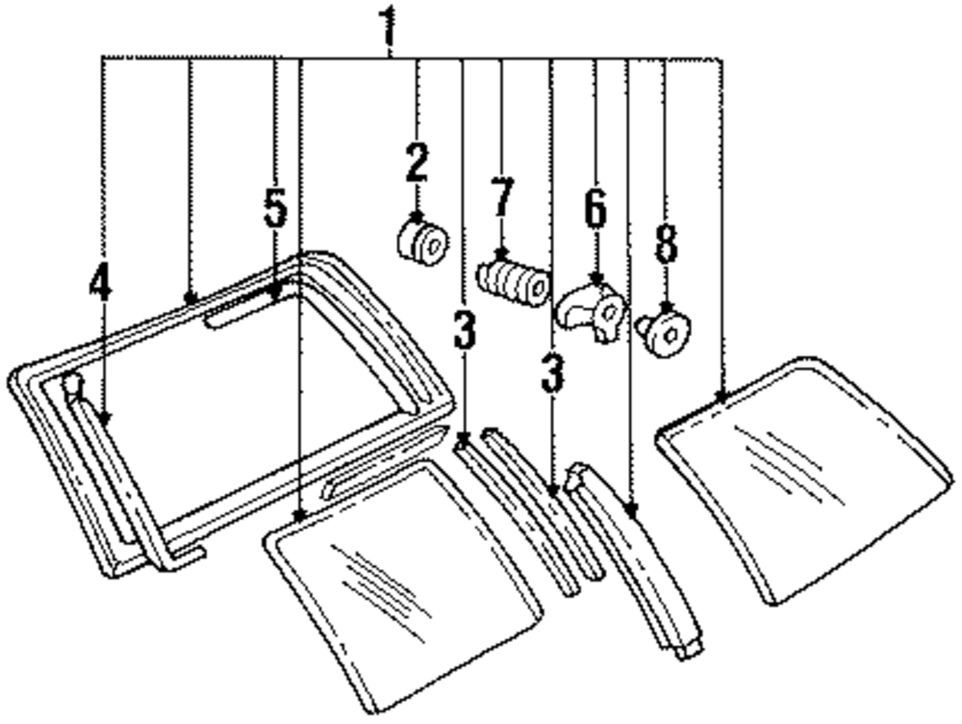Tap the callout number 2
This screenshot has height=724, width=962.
point(416,163)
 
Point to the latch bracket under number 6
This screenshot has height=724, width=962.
point(593,310)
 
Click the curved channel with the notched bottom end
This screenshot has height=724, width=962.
point(640,558)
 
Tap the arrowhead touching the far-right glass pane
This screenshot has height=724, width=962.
point(721,396)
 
